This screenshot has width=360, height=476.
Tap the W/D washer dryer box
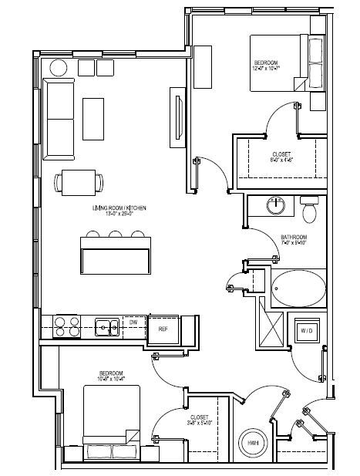[305, 329]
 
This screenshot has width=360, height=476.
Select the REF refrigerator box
[163, 329]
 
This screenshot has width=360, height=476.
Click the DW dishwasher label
[134, 322]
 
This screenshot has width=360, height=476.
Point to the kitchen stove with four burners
[66, 327]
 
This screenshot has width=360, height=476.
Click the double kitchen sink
[106, 327]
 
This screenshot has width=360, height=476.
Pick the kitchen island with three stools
[116, 255]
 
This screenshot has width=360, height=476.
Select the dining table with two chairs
[78, 183]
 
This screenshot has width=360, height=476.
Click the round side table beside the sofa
[59, 68]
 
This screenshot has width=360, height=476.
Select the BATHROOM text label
[294, 237]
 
